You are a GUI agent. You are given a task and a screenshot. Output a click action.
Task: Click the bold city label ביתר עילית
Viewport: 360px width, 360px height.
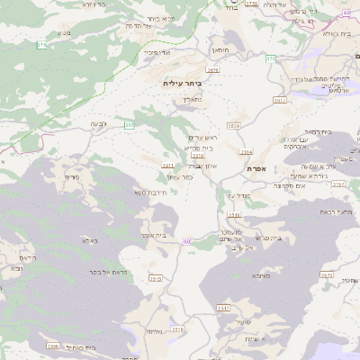183,83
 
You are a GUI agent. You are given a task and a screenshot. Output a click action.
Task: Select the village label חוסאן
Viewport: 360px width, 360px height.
220,50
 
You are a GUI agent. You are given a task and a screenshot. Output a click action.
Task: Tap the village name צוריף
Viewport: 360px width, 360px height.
72,176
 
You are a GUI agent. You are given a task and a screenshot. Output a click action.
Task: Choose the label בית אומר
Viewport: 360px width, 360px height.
155,235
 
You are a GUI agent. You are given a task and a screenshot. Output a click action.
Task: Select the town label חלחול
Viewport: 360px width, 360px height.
154,332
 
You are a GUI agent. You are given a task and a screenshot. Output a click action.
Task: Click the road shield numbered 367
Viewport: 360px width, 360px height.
130,125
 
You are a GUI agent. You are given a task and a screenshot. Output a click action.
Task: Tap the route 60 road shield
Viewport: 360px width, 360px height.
186,241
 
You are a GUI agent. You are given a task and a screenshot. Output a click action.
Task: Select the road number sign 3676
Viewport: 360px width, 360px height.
211,69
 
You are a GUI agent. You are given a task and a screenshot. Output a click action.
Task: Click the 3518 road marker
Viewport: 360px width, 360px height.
234,214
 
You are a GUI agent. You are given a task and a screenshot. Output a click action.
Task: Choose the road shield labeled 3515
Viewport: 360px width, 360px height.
155,279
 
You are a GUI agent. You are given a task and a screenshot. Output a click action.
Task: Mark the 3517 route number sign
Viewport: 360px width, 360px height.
223,308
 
